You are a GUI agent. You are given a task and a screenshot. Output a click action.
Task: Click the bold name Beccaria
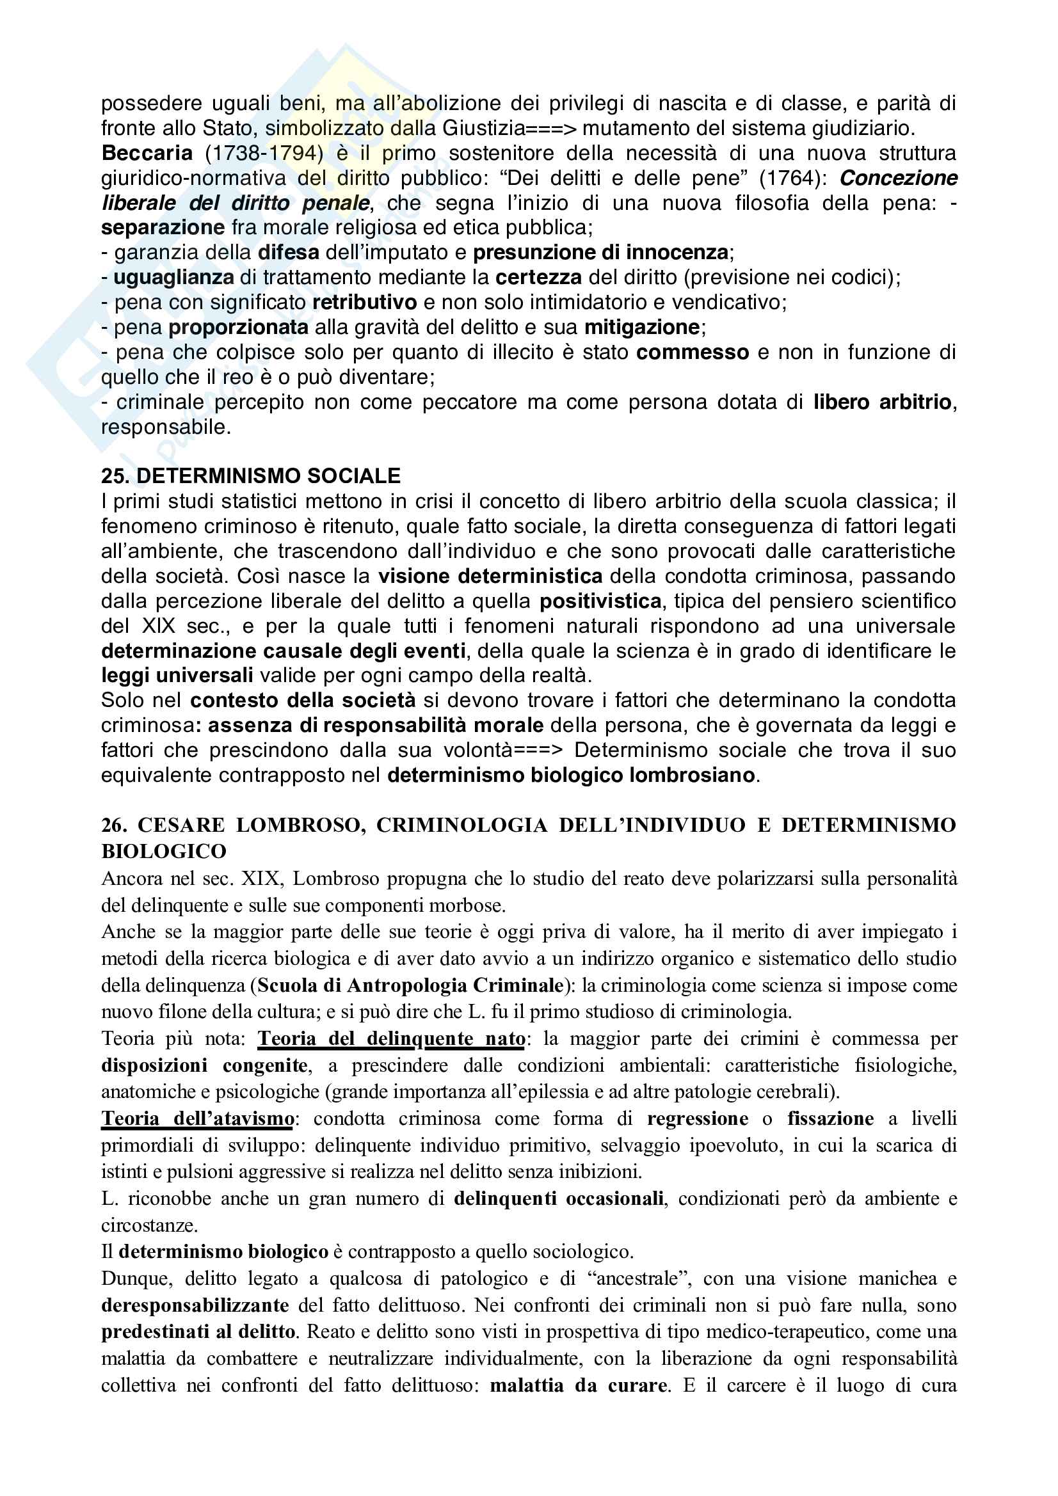147,153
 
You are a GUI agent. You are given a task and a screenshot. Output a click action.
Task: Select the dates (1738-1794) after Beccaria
264,153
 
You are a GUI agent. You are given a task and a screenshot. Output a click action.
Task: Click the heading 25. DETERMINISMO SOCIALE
251,476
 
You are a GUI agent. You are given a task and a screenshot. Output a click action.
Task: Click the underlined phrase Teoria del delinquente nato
391,1038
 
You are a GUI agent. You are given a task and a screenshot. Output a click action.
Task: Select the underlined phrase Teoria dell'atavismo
198,1118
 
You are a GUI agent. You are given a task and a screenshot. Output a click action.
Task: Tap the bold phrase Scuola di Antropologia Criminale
410,985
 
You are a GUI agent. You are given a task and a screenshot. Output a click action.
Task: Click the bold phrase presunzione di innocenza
600,253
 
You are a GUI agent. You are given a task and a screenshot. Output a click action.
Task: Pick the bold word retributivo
364,302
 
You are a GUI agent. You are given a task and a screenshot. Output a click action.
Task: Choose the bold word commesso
693,353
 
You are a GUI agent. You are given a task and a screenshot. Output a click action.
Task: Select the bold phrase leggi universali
177,676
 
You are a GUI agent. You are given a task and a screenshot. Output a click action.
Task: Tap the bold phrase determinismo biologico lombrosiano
570,776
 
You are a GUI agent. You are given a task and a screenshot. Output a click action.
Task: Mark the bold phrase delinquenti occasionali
559,1199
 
